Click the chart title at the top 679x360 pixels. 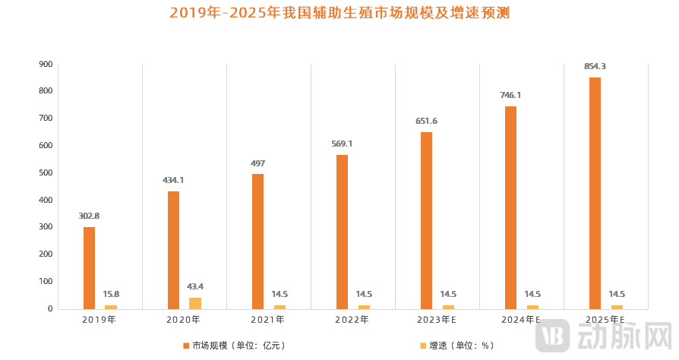[339, 13]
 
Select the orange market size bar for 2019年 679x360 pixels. [90, 267]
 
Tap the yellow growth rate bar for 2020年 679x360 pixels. [195, 303]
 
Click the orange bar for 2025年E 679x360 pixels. [595, 193]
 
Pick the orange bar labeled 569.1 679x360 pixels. [342, 232]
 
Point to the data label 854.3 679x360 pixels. [595, 67]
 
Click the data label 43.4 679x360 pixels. [195, 286]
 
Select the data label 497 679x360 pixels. [257, 163]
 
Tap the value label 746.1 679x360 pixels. [510, 96]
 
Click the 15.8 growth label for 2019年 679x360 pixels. [111, 294]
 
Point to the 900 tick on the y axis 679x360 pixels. [46, 65]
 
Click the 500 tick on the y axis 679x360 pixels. [46, 173]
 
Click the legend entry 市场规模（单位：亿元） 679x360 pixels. [234, 346]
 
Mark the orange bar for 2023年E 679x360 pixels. [426, 220]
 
